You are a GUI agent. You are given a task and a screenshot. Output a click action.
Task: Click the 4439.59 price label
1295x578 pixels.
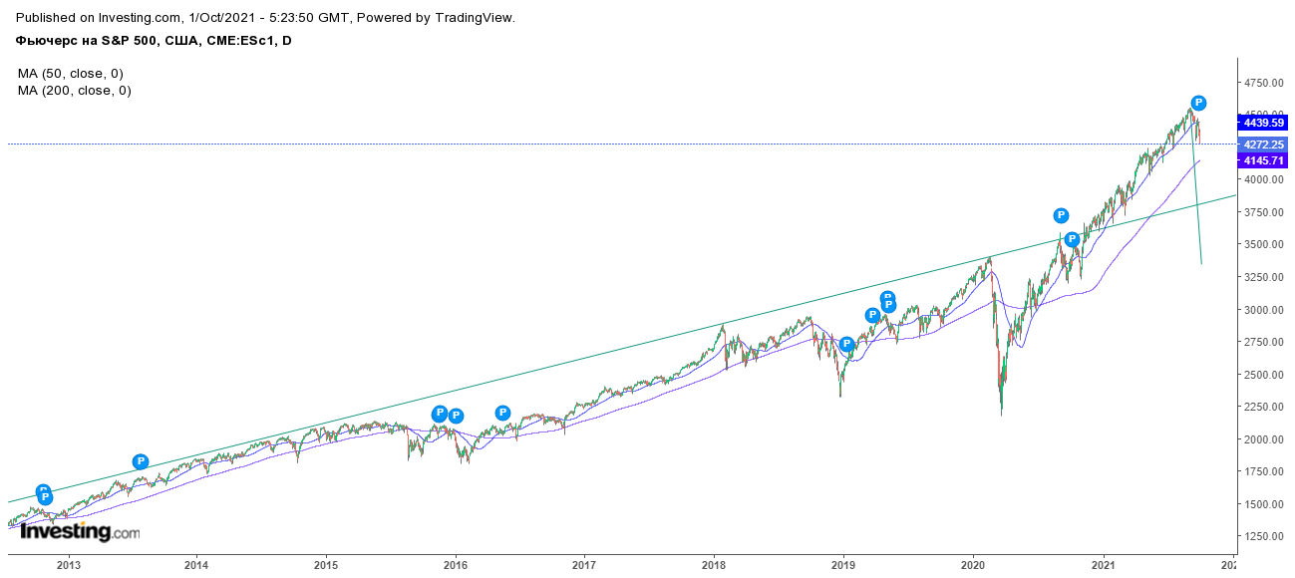pyautogui.click(x=1262, y=123)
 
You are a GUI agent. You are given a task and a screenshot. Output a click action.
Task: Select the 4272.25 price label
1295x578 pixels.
pyautogui.click(x=1262, y=144)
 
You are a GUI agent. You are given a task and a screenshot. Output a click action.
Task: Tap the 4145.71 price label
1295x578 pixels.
pyautogui.click(x=1262, y=160)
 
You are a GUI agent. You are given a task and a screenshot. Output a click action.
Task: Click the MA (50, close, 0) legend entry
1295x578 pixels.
pyautogui.click(x=71, y=74)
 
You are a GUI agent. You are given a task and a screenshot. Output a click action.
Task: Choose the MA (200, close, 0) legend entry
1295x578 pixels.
pyautogui.click(x=75, y=91)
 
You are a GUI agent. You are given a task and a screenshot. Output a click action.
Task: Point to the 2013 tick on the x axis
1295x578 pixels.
pyautogui.click(x=69, y=565)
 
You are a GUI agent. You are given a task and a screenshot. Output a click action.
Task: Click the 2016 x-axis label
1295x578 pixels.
pyautogui.click(x=456, y=565)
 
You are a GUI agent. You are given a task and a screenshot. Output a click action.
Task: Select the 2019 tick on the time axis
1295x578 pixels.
pyautogui.click(x=843, y=565)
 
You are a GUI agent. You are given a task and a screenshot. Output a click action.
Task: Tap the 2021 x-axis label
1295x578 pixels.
pyautogui.click(x=1103, y=565)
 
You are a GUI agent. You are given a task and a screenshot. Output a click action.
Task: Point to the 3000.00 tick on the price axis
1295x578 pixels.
pyautogui.click(x=1264, y=310)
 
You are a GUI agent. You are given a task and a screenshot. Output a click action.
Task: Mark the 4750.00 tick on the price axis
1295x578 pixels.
pyautogui.click(x=1264, y=83)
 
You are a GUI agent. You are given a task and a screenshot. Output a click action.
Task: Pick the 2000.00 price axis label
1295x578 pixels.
pyautogui.click(x=1264, y=439)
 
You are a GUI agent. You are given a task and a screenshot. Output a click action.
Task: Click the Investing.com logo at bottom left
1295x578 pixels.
pyautogui.click(x=80, y=532)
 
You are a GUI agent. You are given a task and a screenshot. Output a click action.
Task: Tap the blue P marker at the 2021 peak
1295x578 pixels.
pyautogui.click(x=1199, y=103)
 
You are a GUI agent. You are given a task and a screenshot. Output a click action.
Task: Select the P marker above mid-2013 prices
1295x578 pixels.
pyautogui.click(x=141, y=461)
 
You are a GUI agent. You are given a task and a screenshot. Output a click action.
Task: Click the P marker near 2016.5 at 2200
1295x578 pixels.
pyautogui.click(x=502, y=413)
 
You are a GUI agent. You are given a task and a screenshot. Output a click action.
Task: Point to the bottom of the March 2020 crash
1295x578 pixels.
pyautogui.click(x=1001, y=415)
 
